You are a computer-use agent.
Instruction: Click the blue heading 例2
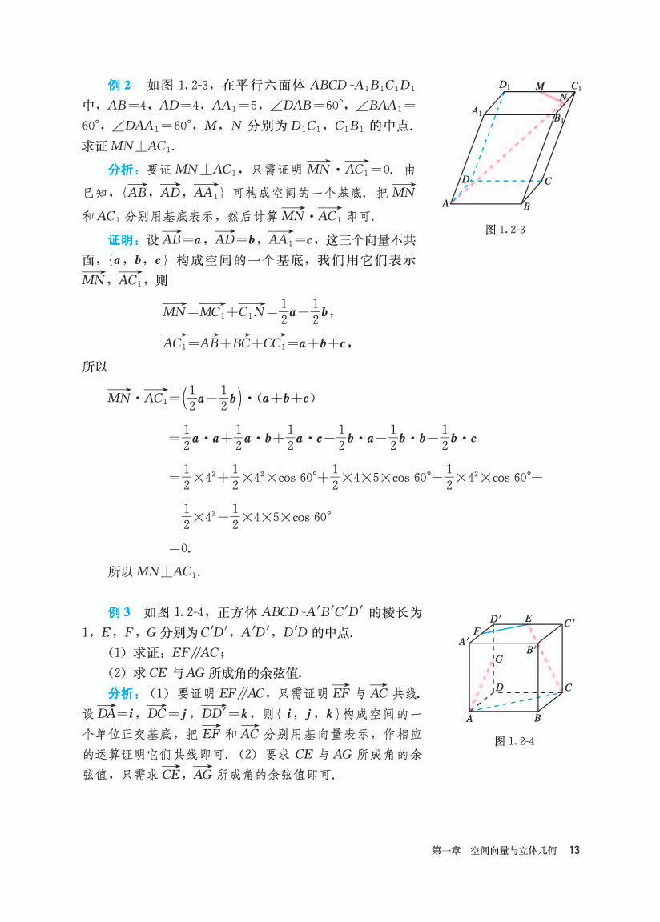(119, 85)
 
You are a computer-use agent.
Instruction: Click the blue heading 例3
(119, 612)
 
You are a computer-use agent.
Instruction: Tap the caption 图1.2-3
(505, 230)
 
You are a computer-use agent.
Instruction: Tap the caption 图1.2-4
(514, 740)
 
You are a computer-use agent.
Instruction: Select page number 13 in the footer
(573, 849)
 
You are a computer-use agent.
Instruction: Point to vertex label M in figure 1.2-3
(539, 86)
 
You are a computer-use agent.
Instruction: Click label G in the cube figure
(498, 659)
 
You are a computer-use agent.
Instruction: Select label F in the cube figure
(477, 631)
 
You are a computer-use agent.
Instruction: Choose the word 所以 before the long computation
(95, 367)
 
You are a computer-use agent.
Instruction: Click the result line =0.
(179, 548)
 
